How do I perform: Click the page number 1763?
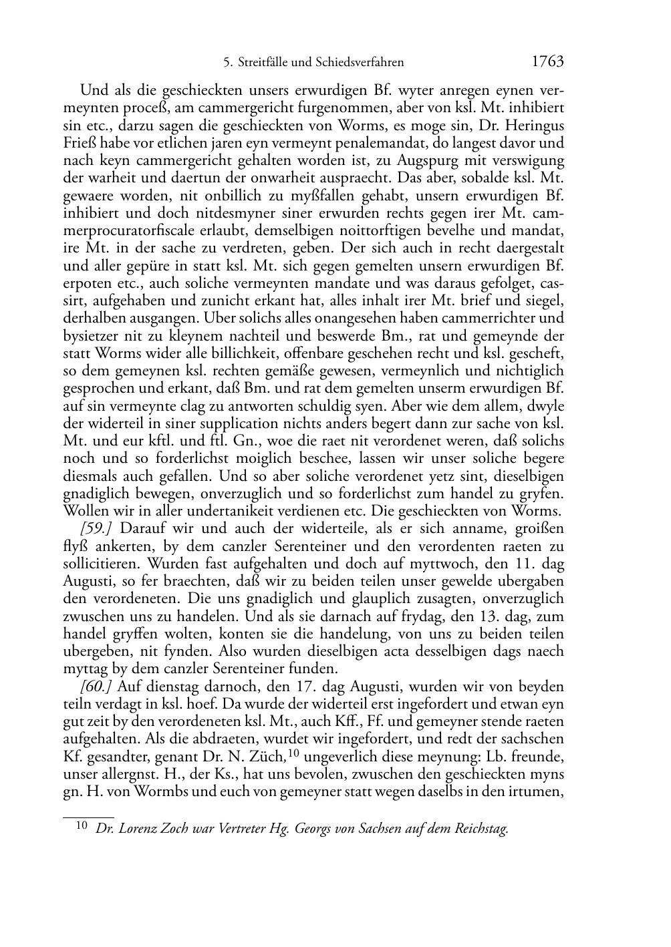[548, 62]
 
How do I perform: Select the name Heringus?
[533, 125]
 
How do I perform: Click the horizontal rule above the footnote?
[88, 816]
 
